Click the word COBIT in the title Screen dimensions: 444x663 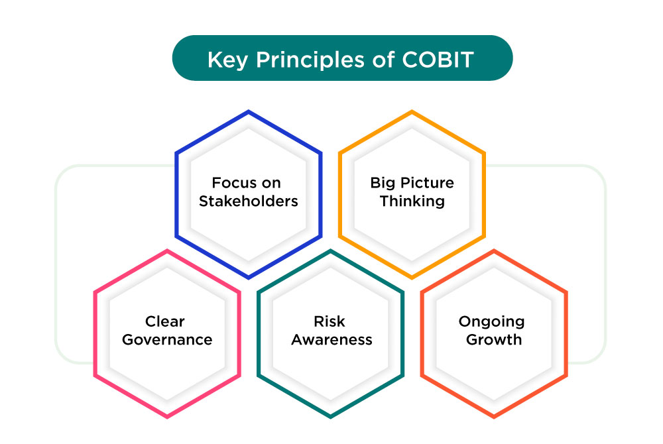coord(438,60)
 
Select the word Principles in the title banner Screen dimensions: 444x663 coord(308,60)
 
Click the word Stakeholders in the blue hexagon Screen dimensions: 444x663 coord(249,201)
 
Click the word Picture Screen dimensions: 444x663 coord(427,183)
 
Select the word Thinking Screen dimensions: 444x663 coord(412,201)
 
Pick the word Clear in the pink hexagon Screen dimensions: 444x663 coord(166,322)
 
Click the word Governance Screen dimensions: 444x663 coord(166,340)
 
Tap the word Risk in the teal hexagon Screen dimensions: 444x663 coord(330,322)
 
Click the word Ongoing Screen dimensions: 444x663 coord(492,322)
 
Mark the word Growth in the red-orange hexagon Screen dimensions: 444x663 coord(494,340)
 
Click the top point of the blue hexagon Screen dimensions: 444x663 coord(249,112)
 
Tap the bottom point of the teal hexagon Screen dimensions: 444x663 coord(330,417)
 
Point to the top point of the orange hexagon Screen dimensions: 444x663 coord(412,112)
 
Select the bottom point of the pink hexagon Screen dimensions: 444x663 coord(167,417)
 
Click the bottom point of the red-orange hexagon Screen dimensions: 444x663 coord(494,417)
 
